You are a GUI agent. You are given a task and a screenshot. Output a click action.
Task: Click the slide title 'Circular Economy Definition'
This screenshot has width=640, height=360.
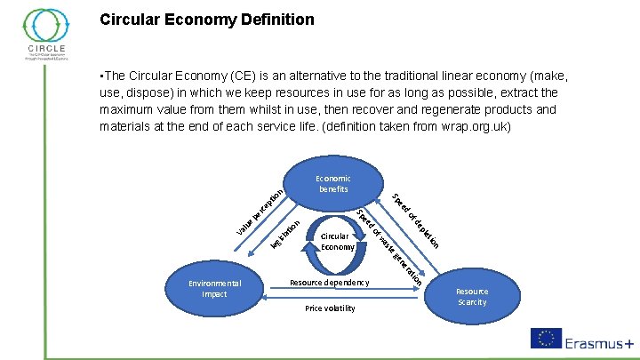206,18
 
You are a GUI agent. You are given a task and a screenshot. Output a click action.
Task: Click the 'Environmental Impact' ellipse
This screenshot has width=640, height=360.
214,289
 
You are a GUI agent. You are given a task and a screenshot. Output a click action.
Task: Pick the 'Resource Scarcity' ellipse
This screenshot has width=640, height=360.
472,296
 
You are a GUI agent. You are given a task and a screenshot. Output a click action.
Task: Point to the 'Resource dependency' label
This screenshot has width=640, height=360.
329,283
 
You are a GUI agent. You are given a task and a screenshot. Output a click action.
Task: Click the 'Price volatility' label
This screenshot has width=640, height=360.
330,308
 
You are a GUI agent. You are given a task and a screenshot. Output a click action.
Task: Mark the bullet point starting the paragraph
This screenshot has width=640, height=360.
103,76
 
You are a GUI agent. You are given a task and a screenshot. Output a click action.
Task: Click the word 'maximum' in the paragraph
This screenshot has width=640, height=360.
130,109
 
